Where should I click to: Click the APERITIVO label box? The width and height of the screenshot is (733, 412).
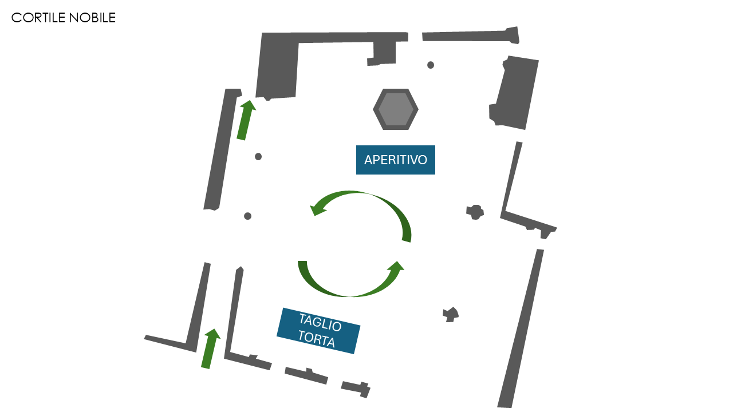395,160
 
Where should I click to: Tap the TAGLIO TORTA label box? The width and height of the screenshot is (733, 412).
318,331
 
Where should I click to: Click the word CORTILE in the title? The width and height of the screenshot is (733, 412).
38,18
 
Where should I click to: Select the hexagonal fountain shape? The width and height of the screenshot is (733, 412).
396,109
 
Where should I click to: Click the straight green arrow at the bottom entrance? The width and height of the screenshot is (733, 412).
210,348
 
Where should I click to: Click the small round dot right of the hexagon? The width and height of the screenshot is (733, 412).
431,65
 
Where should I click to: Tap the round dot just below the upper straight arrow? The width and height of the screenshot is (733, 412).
258,157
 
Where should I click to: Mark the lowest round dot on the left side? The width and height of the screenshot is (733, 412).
248,216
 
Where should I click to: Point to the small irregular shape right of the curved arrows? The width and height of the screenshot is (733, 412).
475,212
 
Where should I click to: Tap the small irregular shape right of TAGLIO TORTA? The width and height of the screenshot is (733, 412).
451,314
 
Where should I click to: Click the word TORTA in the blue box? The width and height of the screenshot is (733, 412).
316,339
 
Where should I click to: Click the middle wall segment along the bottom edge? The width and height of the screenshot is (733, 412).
306,375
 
